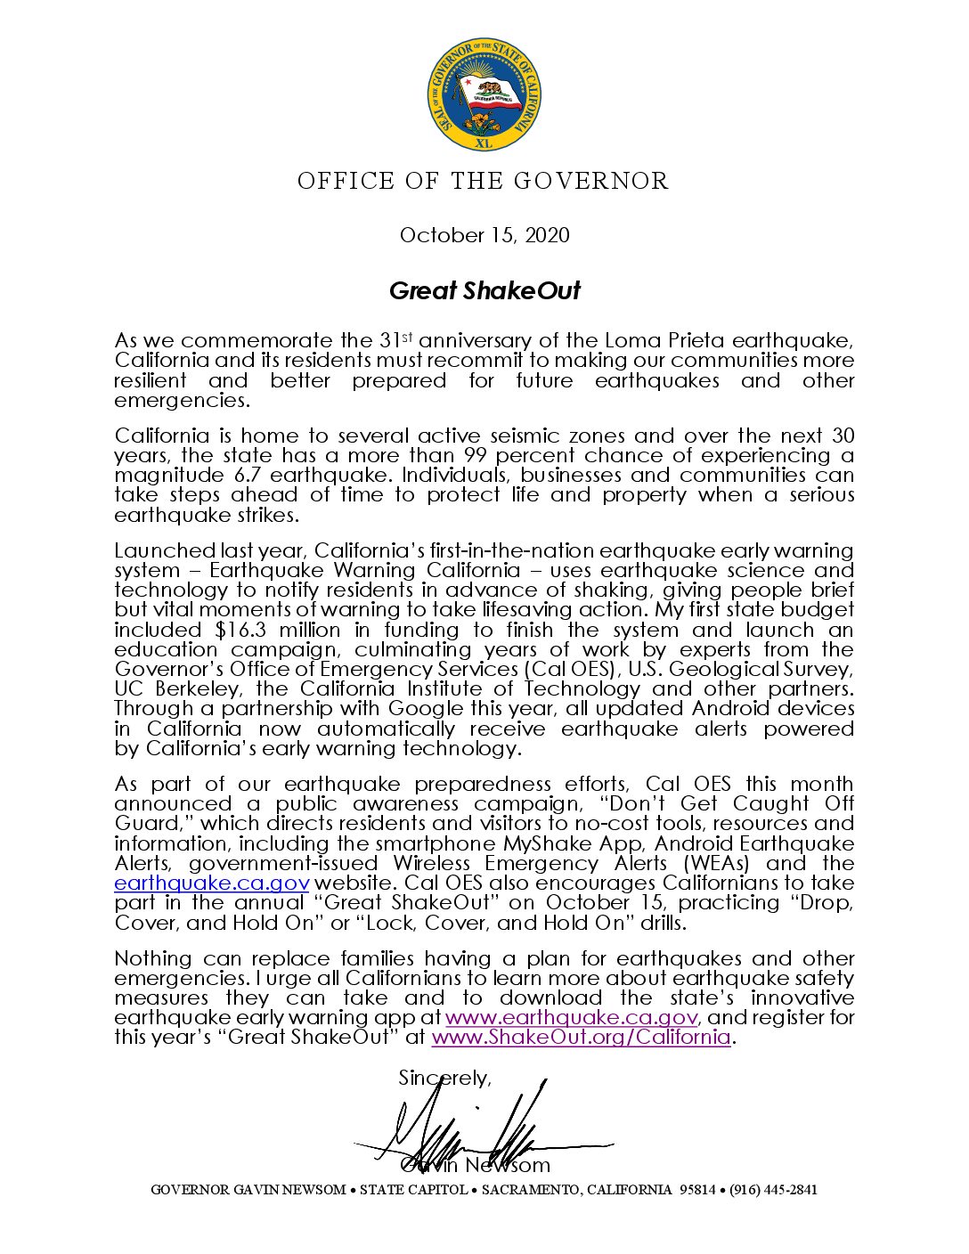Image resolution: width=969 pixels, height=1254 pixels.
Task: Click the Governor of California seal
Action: tap(484, 94)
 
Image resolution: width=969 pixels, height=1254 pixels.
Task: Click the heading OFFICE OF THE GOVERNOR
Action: tap(484, 182)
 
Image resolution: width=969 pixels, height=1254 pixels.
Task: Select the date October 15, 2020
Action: tap(484, 235)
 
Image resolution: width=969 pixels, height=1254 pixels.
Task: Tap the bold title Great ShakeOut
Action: tap(484, 290)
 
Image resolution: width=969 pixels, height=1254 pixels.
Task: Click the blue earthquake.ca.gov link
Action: tap(212, 883)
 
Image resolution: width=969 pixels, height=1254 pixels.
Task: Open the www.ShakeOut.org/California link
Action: tap(581, 1037)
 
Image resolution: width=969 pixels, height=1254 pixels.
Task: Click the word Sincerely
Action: tap(444, 1078)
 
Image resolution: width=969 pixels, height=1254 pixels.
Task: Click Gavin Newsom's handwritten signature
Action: tap(472, 1127)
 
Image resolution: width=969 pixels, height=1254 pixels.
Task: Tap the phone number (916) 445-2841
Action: tap(773, 1190)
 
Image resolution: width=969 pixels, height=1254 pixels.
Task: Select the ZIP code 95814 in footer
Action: tap(697, 1190)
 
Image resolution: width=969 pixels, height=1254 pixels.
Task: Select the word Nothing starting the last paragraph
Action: tap(152, 958)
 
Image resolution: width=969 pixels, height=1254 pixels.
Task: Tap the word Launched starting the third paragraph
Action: tap(163, 550)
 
